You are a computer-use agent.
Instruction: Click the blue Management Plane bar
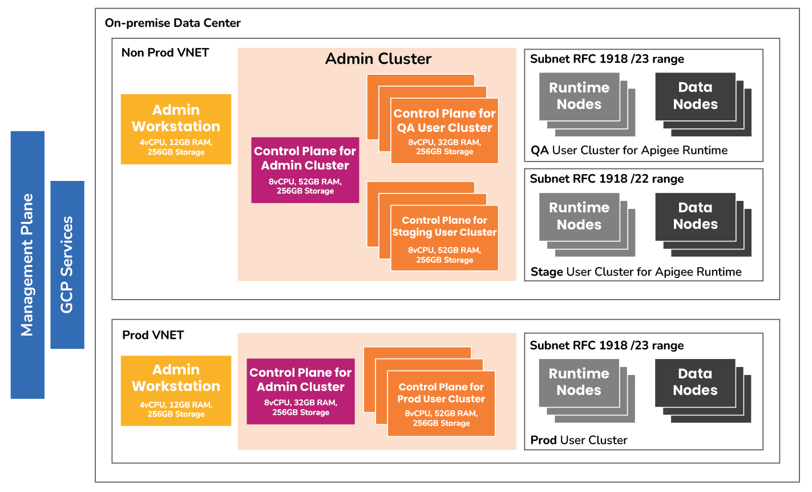point(27,265)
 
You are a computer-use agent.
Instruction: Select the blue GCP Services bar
point(67,265)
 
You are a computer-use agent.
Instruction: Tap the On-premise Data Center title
point(172,23)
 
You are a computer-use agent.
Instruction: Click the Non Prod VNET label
point(165,53)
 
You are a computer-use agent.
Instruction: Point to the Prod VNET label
point(153,335)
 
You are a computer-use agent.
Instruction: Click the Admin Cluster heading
point(378,59)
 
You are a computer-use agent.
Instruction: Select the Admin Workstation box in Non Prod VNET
point(176,129)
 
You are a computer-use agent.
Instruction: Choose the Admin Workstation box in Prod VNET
point(176,390)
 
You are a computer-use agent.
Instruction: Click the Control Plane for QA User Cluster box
point(444,131)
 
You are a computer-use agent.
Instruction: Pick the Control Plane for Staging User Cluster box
point(444,238)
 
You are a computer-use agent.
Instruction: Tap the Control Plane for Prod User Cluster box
point(441,404)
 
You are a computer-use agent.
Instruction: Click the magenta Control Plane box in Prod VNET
point(300,391)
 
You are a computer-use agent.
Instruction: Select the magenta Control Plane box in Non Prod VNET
point(305,170)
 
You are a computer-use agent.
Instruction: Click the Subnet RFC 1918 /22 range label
point(607,179)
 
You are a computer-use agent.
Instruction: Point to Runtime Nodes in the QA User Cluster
point(579,96)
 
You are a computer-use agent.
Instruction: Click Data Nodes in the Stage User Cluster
point(695,216)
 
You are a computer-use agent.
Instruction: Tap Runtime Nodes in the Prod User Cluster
point(579,382)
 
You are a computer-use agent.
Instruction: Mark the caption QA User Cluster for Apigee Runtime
point(629,151)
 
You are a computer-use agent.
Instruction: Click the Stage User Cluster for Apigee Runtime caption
point(636,272)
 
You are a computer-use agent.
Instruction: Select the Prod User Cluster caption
point(579,440)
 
